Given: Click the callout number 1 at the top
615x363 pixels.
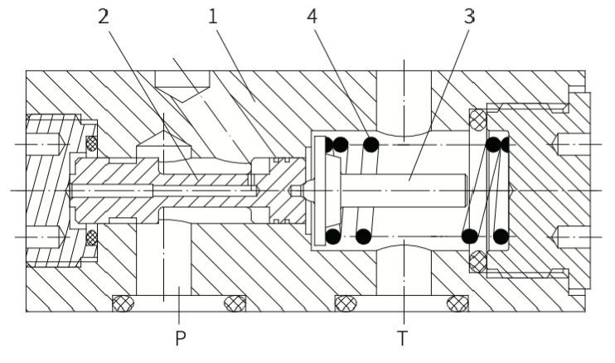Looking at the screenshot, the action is (212, 17).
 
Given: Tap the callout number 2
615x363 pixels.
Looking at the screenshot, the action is (103, 17).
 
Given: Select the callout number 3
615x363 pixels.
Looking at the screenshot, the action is (469, 17).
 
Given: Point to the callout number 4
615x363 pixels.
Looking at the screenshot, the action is (312, 17).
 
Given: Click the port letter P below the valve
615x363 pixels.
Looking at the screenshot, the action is (180, 338).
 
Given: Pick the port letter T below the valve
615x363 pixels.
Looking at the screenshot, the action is (403, 338).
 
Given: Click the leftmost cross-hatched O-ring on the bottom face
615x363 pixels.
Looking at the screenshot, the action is (123, 303).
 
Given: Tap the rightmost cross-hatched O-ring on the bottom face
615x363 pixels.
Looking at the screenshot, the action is (458, 303).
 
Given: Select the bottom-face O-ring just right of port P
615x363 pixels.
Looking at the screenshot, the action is (235, 303).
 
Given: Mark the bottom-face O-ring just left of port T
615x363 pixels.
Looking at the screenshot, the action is (346, 303).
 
